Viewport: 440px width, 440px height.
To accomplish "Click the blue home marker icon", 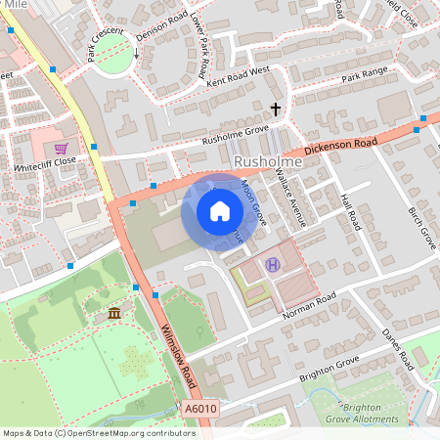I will (x=220, y=210).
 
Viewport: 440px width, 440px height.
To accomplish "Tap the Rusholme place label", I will (x=265, y=160).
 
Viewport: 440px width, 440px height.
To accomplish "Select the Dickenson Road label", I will (x=339, y=145).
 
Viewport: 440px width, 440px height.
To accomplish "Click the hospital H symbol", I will (x=272, y=264).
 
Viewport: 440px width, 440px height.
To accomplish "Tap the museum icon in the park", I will (x=115, y=313).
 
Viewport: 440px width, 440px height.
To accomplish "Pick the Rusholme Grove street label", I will (x=234, y=134).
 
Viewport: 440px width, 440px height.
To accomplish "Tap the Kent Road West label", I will (x=239, y=76).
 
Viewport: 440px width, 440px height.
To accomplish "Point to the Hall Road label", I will (x=351, y=210).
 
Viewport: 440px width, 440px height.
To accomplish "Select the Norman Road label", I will (x=309, y=306).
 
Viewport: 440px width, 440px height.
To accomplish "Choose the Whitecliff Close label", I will (x=45, y=161).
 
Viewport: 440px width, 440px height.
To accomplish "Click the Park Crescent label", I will (x=106, y=45).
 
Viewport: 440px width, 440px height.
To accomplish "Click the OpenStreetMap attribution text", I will (x=98, y=432).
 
